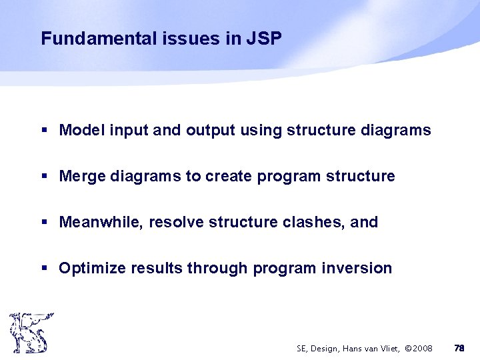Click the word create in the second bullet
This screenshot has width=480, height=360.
click(229, 176)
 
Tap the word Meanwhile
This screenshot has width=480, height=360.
click(101, 222)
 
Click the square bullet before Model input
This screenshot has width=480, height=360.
click(44, 131)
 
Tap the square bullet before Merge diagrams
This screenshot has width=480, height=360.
click(44, 177)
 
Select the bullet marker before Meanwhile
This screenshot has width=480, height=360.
click(44, 223)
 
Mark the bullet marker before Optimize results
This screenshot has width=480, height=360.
click(44, 269)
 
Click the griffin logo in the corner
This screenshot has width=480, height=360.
click(31, 332)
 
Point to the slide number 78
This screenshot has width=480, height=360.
click(459, 348)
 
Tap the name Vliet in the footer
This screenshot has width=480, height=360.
click(385, 348)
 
